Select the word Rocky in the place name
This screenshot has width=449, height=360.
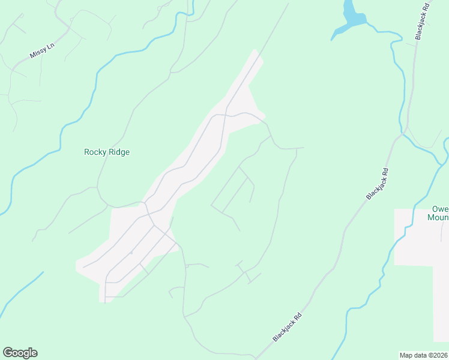point(95,152)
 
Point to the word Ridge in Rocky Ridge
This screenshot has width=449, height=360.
point(119,152)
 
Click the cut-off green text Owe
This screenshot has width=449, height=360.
point(441,209)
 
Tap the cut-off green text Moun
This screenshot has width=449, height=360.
point(438,218)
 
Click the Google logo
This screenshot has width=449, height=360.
point(20,353)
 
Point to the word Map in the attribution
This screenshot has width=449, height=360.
point(406,355)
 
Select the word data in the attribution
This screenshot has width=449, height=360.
point(420,355)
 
